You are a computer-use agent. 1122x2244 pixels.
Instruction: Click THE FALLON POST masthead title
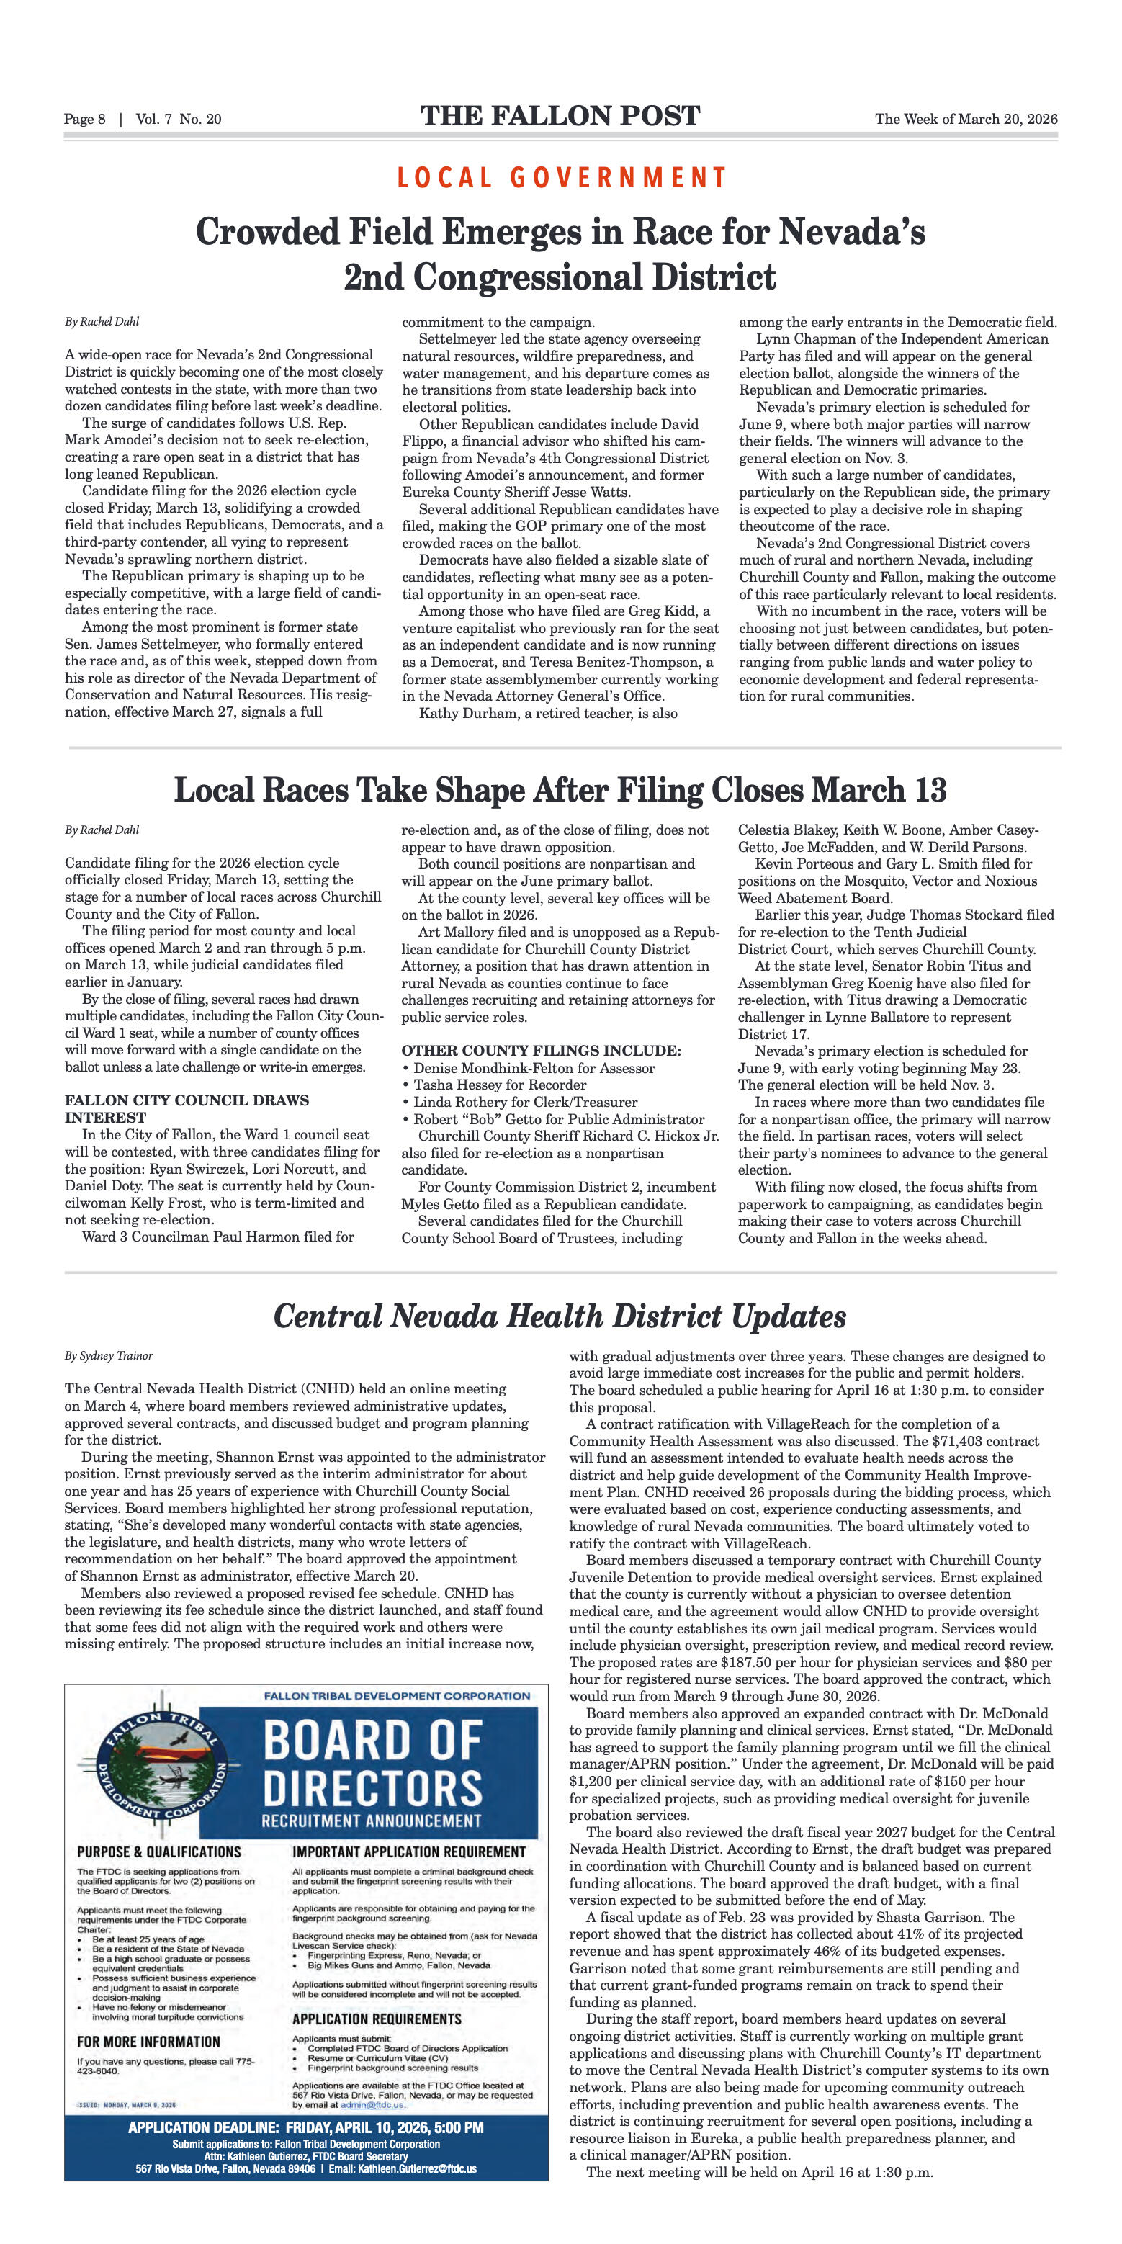click(560, 117)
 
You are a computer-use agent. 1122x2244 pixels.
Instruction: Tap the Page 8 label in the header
click(84, 120)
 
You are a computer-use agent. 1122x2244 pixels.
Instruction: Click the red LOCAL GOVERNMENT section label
click(561, 178)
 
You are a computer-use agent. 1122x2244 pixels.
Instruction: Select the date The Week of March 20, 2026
click(966, 120)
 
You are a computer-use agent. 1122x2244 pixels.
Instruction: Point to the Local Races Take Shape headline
click(560, 790)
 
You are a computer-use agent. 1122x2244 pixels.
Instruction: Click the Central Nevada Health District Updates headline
click(560, 1316)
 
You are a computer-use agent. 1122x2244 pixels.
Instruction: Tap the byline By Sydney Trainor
click(109, 1355)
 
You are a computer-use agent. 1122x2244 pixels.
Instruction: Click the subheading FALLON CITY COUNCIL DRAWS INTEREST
click(187, 1108)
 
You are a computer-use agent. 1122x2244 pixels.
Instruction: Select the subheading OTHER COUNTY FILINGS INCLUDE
click(541, 1051)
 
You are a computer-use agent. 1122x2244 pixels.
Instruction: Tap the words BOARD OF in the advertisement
click(372, 1741)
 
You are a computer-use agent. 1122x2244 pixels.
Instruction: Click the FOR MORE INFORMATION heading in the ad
click(149, 2042)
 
